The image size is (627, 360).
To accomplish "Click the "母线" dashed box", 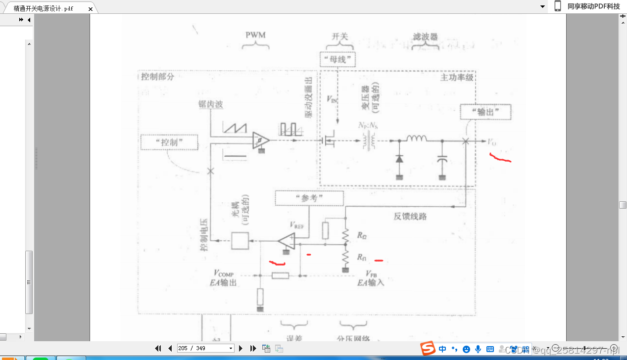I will click(338, 59).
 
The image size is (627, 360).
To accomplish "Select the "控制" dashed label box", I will click(169, 142).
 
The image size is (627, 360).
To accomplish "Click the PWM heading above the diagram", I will click(255, 35).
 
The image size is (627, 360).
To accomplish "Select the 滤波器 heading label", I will click(425, 37).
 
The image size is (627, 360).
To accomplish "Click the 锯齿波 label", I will click(210, 105).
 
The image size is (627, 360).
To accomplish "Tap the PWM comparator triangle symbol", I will click(259, 140).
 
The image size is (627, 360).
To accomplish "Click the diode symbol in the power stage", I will click(399, 159).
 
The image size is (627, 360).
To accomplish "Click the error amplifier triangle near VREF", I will click(287, 241).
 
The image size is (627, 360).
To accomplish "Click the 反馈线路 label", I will click(410, 216).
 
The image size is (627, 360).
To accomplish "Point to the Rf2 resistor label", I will click(362, 235).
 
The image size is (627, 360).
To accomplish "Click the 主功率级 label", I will click(457, 78).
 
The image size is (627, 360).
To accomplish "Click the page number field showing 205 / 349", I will click(205, 348).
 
